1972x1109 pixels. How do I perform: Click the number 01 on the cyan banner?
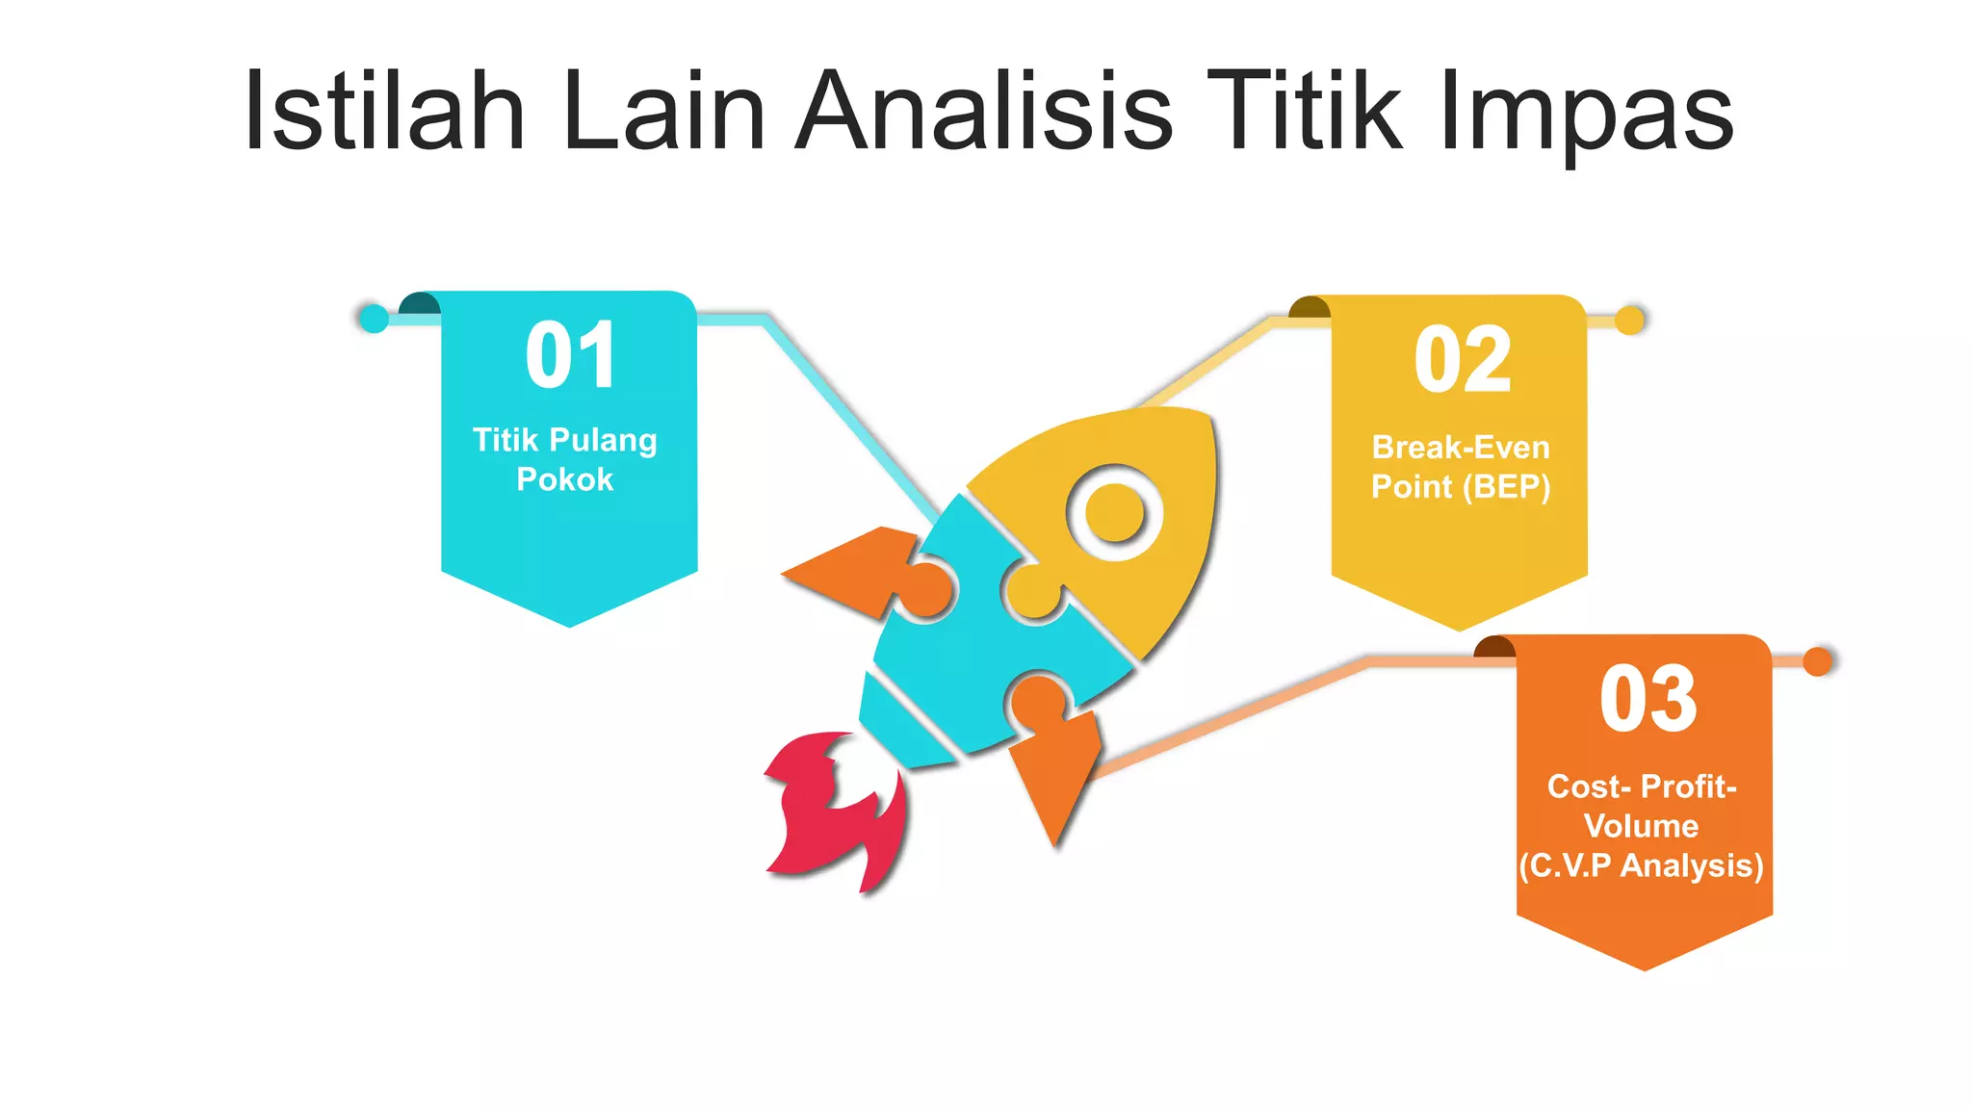pos(570,355)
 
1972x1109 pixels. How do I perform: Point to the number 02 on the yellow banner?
pos(1462,360)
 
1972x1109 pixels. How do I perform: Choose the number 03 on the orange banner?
pos(1648,700)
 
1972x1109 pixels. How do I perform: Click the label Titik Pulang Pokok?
pos(565,459)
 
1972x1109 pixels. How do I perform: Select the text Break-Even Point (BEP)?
pos(1461,467)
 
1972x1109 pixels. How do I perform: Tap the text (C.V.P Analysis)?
pos(1641,865)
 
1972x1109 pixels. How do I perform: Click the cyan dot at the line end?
pos(373,318)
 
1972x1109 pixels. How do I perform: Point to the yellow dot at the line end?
pos(1629,320)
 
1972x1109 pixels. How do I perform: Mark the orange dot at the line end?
pos(1817,661)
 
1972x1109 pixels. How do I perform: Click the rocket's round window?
pos(1114,512)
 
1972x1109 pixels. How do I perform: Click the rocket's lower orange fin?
pos(1055,770)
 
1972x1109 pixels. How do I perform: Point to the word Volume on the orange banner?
pos(1641,826)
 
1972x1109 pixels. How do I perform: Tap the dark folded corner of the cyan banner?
pos(419,303)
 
